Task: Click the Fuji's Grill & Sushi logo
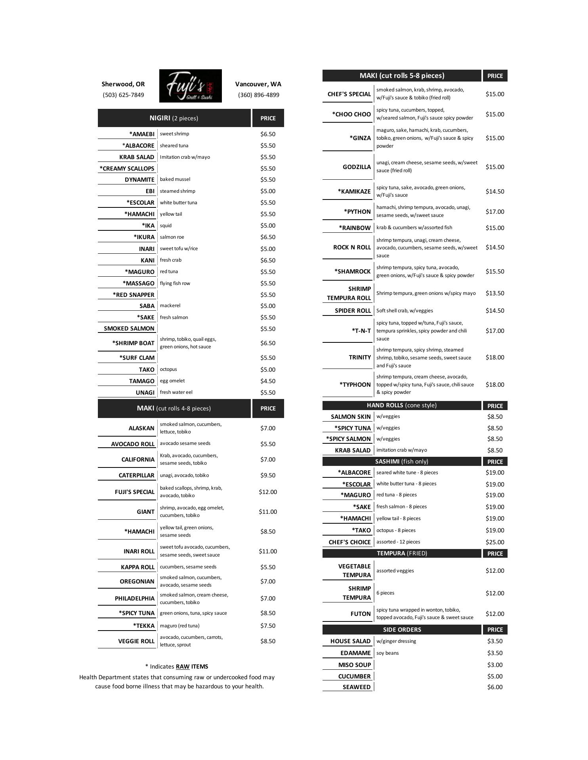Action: [x=190, y=86]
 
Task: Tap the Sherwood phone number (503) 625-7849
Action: [x=123, y=95]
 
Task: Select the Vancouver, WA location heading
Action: [x=258, y=84]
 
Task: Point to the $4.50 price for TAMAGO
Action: [x=268, y=381]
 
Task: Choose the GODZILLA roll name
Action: [x=357, y=167]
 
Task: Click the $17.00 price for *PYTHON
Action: [x=495, y=212]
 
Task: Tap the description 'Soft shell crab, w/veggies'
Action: [x=405, y=311]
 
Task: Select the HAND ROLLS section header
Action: [x=401, y=405]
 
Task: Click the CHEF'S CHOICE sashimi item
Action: [x=349, y=542]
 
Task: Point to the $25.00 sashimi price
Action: [x=495, y=542]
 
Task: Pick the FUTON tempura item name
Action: [x=361, y=614]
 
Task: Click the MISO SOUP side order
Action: [x=354, y=665]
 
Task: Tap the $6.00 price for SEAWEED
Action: [x=495, y=687]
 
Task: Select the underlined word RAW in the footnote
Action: [x=183, y=667]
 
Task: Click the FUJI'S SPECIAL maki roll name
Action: [x=134, y=492]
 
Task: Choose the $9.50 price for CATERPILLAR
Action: [x=268, y=475]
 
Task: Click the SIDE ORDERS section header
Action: [x=402, y=629]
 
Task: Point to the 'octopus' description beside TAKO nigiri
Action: [x=168, y=369]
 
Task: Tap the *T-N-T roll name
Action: [x=361, y=331]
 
